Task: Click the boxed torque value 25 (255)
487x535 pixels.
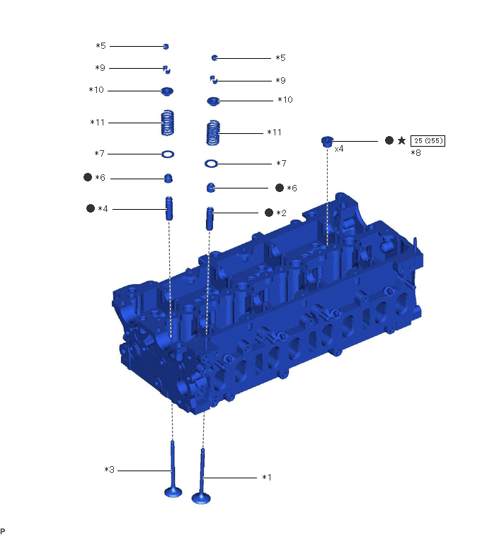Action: [428, 140]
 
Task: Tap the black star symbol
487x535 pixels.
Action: [402, 140]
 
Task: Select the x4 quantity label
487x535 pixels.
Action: [339, 149]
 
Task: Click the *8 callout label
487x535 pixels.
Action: [416, 153]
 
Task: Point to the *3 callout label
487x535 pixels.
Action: [110, 470]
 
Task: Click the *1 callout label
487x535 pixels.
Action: [266, 478]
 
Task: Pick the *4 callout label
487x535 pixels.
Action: [103, 208]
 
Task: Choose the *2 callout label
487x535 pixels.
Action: [281, 213]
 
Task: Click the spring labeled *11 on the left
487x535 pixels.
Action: [167, 123]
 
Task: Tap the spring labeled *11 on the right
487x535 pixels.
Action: [213, 133]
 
